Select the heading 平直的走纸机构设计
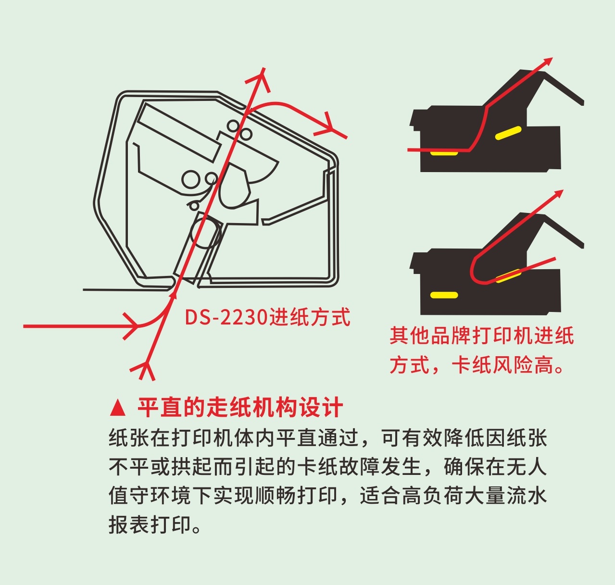(x=240, y=408)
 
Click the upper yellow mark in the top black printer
(x=508, y=133)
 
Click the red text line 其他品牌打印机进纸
(x=482, y=336)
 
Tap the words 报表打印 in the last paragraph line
(x=150, y=524)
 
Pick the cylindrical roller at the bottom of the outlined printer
(x=205, y=233)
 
